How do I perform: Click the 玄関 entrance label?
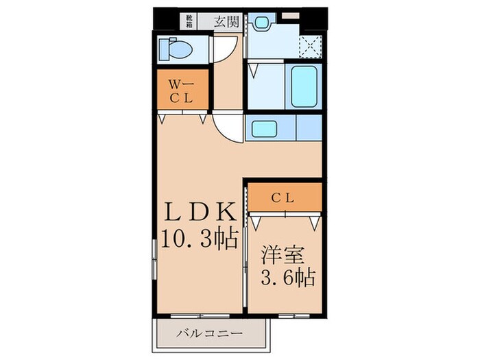coord(225,21)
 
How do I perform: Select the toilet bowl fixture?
coord(175,49)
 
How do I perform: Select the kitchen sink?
coord(263,128)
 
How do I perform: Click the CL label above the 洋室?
coord(284,198)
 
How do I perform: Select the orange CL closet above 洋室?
coord(284,199)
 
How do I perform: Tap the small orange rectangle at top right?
coord(291,14)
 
